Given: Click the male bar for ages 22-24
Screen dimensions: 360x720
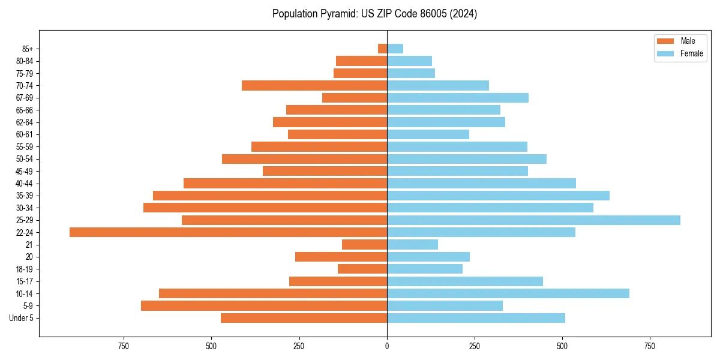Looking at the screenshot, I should tap(228, 232).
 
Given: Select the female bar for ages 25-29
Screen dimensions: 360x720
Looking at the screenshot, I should tap(533, 220).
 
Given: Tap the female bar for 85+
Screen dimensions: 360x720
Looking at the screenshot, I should tap(395, 49).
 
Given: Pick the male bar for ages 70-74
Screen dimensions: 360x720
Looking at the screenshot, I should tap(314, 86).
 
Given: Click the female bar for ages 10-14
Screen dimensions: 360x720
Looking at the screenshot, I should tap(508, 293).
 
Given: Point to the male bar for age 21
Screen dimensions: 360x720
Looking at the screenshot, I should tap(364, 245).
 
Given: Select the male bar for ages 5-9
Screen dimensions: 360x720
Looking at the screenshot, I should tap(264, 306).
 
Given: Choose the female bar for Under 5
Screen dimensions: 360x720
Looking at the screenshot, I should tap(476, 318).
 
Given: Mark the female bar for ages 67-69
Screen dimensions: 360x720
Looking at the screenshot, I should tap(458, 98).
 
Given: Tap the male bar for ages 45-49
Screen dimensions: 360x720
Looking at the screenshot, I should tap(325, 171).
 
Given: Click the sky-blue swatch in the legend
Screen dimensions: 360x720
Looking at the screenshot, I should tap(665, 53).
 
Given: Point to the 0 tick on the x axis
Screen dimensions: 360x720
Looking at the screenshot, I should tap(387, 346).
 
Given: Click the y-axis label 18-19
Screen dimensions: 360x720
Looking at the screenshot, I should tap(24, 269).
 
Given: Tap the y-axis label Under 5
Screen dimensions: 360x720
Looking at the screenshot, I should tap(21, 318).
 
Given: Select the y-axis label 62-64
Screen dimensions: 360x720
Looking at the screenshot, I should tap(24, 122).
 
